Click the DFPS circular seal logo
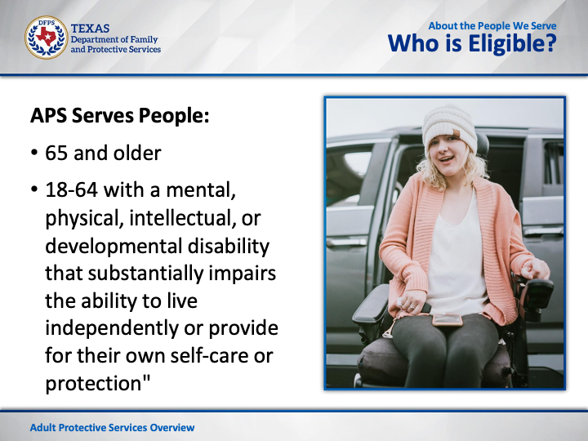coord(46,38)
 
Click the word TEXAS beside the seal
coord(90,29)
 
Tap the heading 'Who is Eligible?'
coord(472,43)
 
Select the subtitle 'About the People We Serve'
coord(492,26)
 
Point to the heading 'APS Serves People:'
coord(119,115)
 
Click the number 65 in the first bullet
coord(56,153)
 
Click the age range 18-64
coord(71,189)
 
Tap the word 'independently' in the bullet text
coord(111,329)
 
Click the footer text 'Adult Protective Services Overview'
coord(112,427)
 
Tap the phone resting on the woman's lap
coord(447,319)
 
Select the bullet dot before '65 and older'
coord(34,154)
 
